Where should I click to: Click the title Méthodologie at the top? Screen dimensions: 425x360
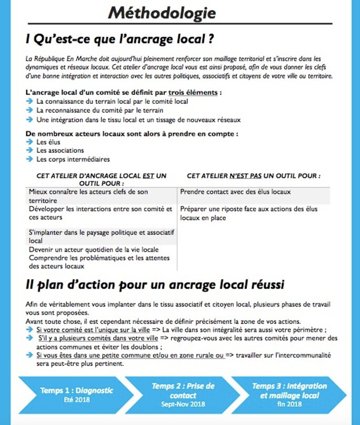pos(162,12)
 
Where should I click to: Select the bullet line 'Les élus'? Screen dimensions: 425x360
pos(48,142)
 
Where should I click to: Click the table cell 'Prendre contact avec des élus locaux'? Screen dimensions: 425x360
pos(235,192)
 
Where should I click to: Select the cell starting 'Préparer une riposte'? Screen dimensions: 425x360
pos(248,213)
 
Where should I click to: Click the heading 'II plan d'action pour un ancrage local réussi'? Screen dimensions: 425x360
pos(155,285)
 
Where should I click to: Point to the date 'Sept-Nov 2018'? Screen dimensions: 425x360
pos(183,404)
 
